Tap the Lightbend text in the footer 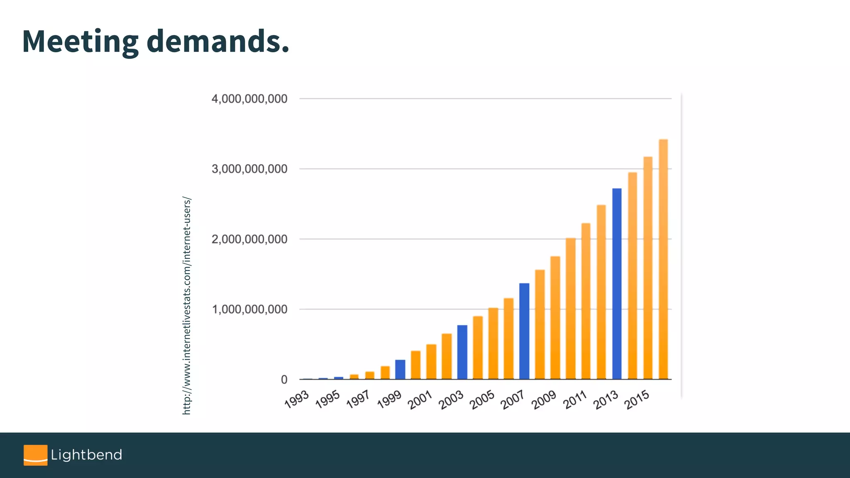coord(86,455)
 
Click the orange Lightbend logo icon coord(35,455)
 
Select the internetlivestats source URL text coord(187,306)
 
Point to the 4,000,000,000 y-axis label coord(249,99)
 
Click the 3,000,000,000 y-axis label coord(249,169)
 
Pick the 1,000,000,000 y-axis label coord(249,309)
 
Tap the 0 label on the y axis coord(284,379)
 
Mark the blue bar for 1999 coord(400,369)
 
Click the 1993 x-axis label coord(297,399)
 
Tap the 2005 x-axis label coord(482,400)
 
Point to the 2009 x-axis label coord(544,400)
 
